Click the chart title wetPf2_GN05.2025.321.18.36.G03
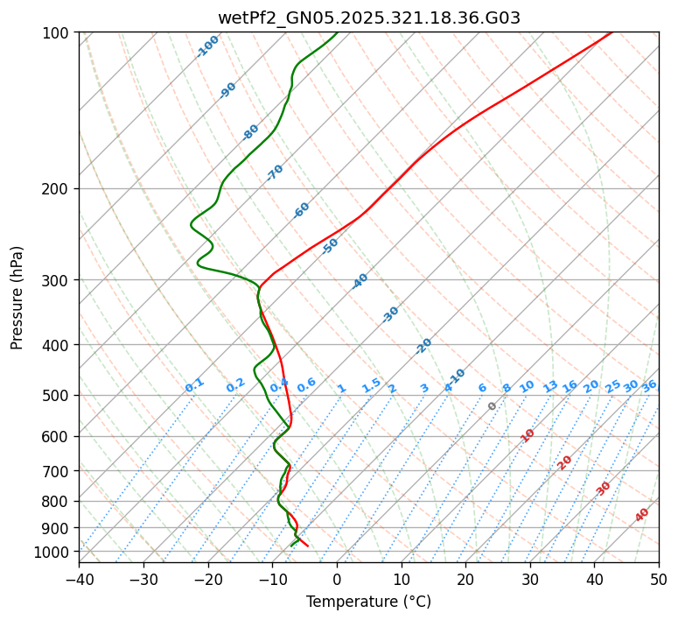[x=368, y=18]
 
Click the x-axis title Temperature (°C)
[x=368, y=602]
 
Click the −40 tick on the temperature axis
[x=79, y=580]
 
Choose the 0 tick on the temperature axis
[x=337, y=580]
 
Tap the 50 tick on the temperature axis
[x=659, y=580]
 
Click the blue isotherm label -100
[x=208, y=46]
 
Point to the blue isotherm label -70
[x=276, y=172]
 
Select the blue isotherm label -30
[x=391, y=314]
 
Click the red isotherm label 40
[x=642, y=515]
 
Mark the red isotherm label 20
[x=565, y=461]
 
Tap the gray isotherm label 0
[x=493, y=406]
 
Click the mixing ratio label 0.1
[x=194, y=384]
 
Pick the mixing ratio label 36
[x=649, y=385]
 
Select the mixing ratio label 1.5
[x=371, y=384]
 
